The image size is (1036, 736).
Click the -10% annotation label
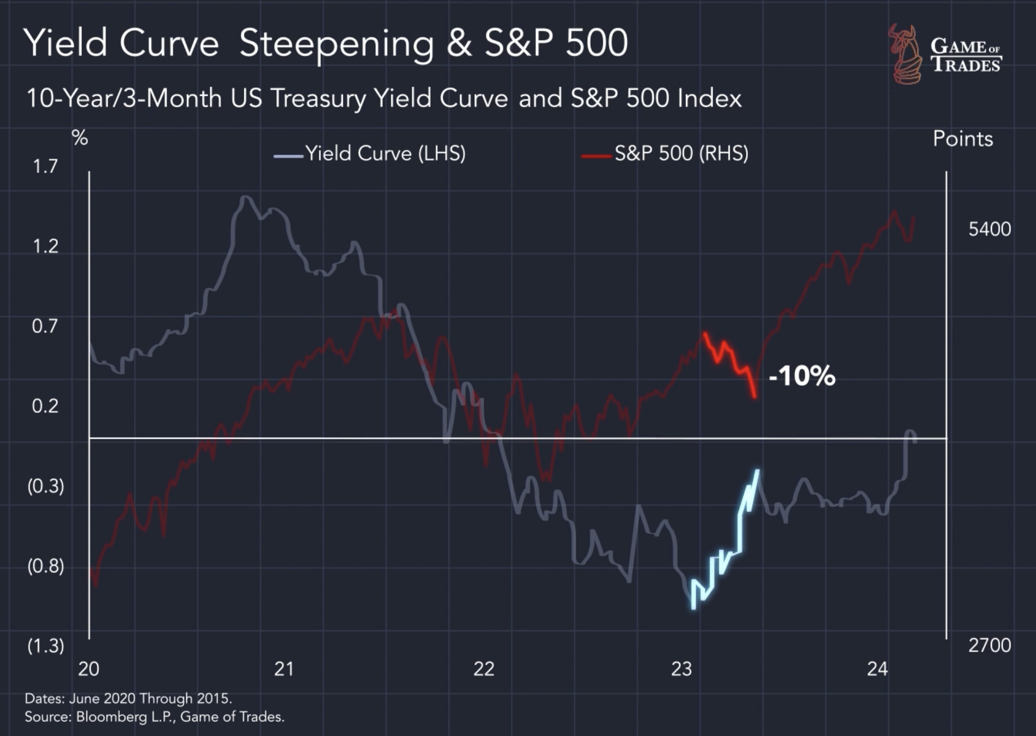click(x=801, y=375)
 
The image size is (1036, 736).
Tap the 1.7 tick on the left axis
click(x=45, y=167)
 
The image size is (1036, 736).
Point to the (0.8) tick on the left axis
click(x=46, y=566)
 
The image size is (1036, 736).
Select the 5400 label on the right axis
click(x=989, y=230)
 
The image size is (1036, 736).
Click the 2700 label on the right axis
click(x=989, y=645)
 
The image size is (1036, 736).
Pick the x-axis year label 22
click(x=484, y=669)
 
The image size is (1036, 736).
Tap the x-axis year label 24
click(x=877, y=669)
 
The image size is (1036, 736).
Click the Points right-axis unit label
click(x=963, y=139)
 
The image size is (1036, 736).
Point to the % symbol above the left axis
click(x=80, y=138)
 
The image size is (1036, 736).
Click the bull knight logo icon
click(x=905, y=54)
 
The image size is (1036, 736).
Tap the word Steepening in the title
click(x=336, y=44)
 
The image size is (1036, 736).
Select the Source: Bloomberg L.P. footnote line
click(x=154, y=717)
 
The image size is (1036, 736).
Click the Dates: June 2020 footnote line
click(x=128, y=698)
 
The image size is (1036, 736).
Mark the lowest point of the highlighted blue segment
click(x=693, y=607)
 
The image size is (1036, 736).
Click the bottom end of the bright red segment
click(x=755, y=397)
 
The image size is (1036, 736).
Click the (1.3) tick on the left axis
click(x=46, y=646)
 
